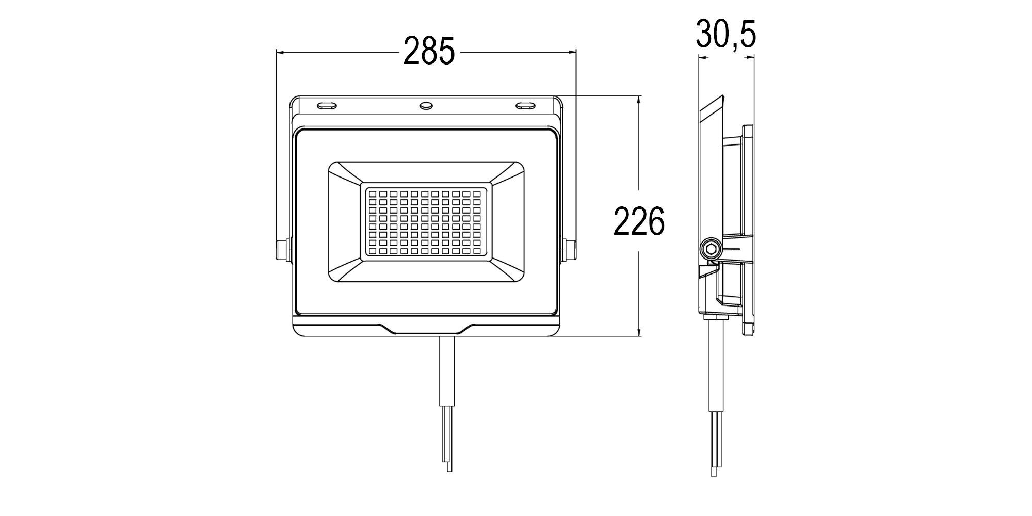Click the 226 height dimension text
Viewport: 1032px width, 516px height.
click(x=639, y=221)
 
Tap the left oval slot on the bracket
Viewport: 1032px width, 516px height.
click(x=327, y=105)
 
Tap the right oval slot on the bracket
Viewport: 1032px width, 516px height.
click(x=526, y=106)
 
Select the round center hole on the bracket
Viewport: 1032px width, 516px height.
click(x=426, y=105)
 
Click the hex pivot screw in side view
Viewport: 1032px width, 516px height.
click(x=712, y=249)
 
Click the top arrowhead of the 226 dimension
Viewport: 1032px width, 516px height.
click(x=639, y=100)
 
